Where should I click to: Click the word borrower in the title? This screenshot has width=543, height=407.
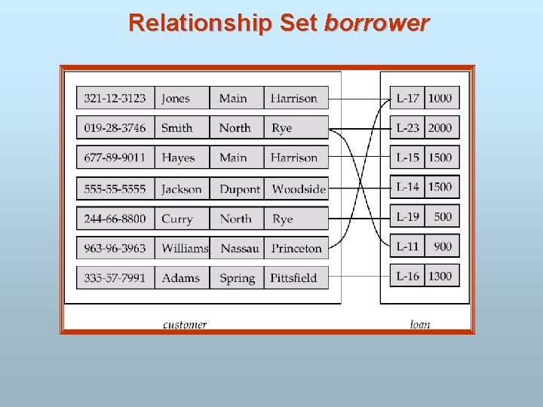376,23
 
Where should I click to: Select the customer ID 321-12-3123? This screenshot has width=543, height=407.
115,98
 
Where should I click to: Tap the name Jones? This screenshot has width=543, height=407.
176,98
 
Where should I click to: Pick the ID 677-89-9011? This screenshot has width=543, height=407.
115,158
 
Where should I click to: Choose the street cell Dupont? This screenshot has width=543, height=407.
239,189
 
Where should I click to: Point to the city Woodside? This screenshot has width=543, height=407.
299,189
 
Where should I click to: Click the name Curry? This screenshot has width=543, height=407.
177,219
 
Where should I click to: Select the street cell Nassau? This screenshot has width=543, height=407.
240,248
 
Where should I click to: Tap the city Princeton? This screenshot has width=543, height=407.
296,248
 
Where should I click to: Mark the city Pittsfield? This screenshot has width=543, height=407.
294,277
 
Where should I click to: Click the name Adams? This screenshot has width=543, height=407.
181,277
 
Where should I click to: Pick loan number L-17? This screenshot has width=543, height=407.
408,98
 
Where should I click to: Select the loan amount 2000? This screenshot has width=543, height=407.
440,128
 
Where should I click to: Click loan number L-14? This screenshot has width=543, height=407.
408,187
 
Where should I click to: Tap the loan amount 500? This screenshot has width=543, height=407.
443,216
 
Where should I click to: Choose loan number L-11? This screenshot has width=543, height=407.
408,246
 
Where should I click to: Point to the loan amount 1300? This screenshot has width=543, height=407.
440,276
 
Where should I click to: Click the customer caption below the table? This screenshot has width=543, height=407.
185,325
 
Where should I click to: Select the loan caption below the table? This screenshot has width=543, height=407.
420,325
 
